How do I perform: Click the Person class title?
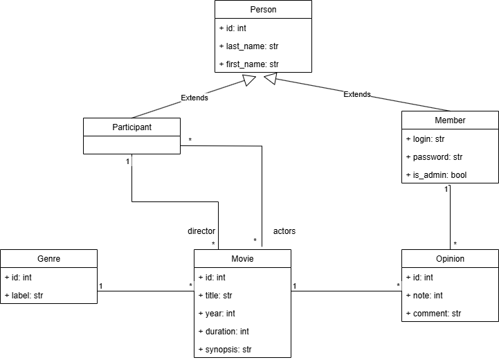(263, 10)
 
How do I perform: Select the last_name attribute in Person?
(248, 46)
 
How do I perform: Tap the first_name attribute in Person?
(248, 64)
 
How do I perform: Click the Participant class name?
(131, 127)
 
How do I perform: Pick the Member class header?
(450, 120)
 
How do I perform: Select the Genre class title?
(48, 259)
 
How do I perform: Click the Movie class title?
(242, 259)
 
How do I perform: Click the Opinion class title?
(450, 259)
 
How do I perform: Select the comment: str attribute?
(433, 313)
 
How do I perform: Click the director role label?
(201, 231)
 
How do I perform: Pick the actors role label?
(284, 231)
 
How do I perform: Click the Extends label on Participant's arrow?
(194, 98)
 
